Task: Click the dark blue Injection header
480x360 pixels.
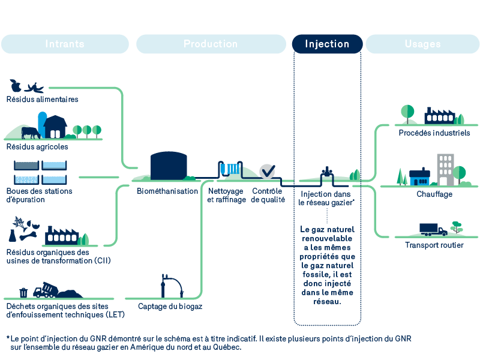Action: click(x=327, y=44)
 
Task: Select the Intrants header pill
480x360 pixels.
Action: click(x=65, y=44)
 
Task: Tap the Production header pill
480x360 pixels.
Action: click(x=211, y=44)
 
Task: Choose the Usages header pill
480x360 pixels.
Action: click(x=422, y=44)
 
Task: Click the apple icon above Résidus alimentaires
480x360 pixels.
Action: click(x=16, y=86)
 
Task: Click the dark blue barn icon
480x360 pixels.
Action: click(x=56, y=127)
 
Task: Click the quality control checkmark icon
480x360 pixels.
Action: click(x=267, y=171)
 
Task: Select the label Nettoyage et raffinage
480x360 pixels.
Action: click(x=226, y=196)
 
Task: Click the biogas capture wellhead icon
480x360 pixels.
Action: click(x=163, y=286)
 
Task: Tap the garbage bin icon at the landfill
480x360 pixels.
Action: click(x=23, y=292)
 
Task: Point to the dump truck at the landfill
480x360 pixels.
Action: click(x=44, y=291)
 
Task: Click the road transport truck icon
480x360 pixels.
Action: click(x=433, y=229)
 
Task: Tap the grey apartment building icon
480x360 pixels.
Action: click(x=445, y=169)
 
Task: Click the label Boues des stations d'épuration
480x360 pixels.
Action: click(x=39, y=196)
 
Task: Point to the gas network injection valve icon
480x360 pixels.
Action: click(x=326, y=173)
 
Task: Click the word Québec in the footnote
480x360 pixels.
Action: click(x=225, y=347)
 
